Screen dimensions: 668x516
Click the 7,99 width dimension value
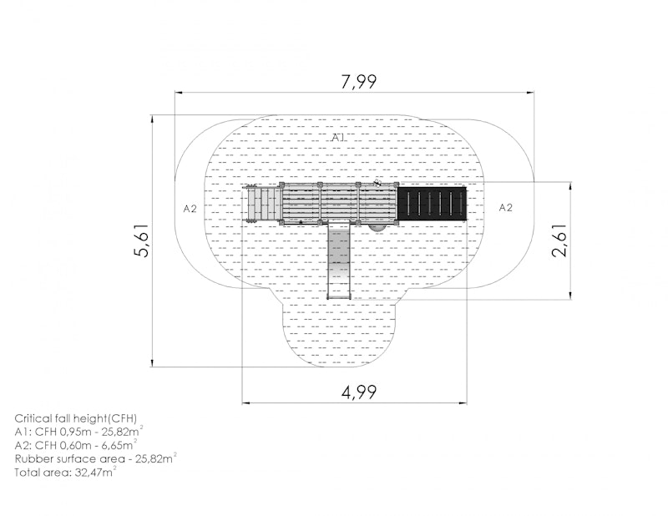click(359, 81)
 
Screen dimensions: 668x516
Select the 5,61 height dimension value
click(141, 240)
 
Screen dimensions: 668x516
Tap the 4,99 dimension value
click(359, 392)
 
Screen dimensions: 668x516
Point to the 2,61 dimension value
click(559, 240)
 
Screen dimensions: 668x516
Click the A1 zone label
click(338, 137)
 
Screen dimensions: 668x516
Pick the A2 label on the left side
click(190, 209)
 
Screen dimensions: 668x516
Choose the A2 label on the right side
click(506, 208)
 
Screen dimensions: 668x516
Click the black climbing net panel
click(432, 203)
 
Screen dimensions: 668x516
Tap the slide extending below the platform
click(339, 259)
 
